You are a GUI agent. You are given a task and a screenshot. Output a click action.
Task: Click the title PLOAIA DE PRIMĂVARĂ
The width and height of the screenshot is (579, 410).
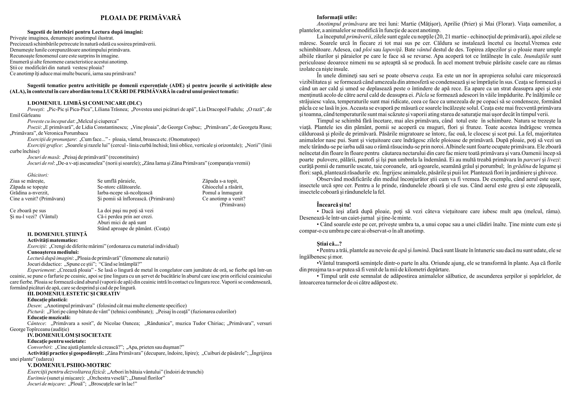coord(141,18)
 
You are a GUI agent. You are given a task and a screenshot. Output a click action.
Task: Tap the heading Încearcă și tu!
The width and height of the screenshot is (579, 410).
coord(334,205)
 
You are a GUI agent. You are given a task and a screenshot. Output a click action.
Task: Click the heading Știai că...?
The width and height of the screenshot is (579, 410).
coord(329,244)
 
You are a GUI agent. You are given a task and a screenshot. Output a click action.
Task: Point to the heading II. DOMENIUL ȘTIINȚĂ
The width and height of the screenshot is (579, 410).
coord(57,234)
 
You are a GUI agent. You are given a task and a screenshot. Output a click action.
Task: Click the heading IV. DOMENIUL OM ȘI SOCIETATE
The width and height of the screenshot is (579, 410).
coord(69,335)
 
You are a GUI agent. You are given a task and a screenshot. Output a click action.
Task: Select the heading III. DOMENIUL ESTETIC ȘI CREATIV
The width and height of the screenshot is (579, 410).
coord(74,293)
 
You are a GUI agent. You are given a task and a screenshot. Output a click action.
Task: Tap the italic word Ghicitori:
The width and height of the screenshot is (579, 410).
coord(38,175)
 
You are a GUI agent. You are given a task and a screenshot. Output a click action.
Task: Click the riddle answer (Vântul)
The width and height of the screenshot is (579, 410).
coord(49,217)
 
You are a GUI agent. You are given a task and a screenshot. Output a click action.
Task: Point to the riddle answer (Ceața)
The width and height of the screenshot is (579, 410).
coord(162,229)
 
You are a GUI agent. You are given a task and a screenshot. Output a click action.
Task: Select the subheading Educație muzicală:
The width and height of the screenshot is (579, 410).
coord(49,317)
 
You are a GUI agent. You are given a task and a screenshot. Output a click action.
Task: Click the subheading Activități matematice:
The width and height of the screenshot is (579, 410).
coord(52,240)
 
